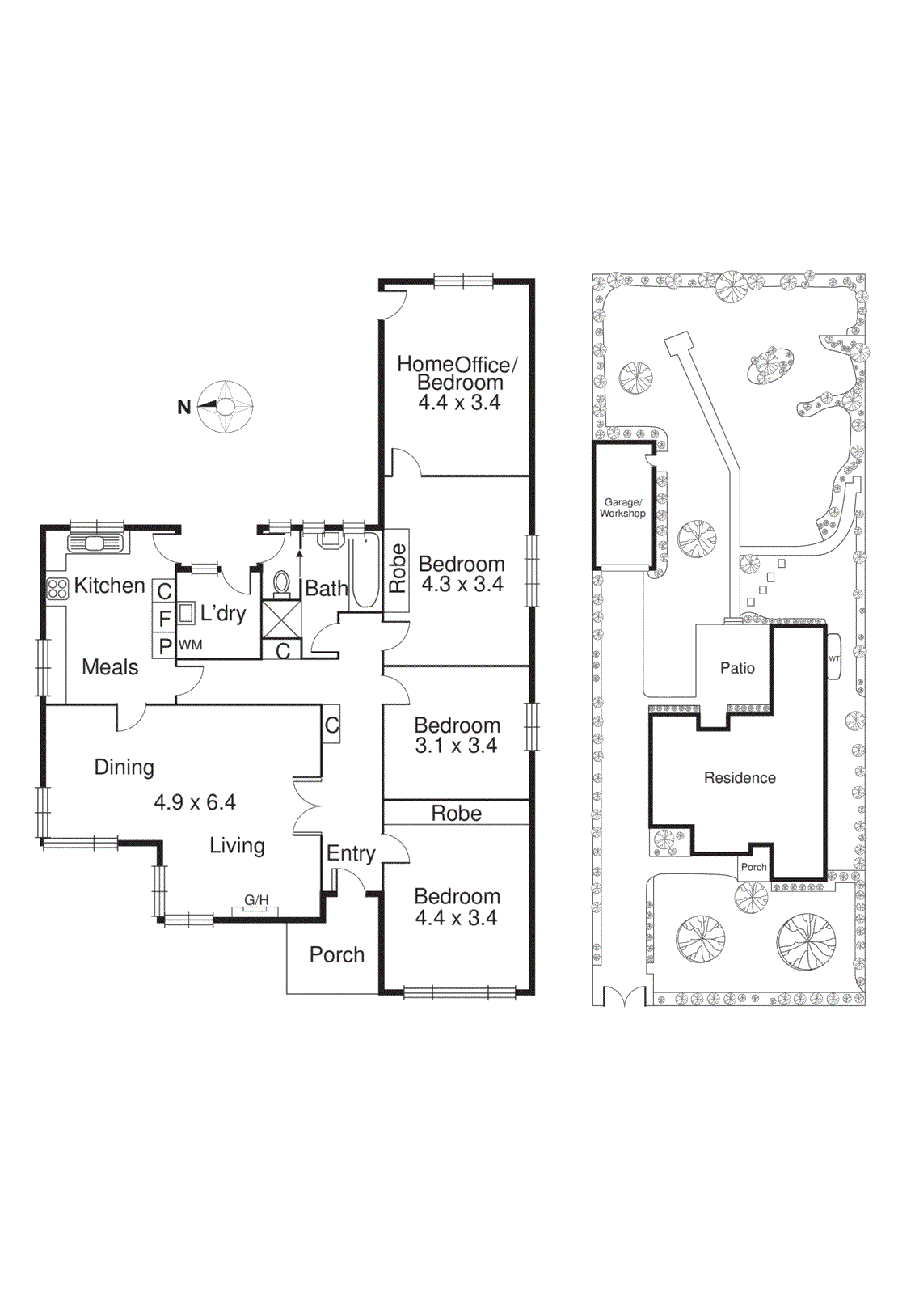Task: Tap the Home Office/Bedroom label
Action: (457, 373)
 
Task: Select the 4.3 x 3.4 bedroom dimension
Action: (462, 584)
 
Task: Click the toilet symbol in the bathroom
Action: (282, 583)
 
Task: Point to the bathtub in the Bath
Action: (365, 570)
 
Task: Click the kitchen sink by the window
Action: (95, 543)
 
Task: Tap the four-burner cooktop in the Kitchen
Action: (57, 588)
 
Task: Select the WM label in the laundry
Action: (191, 645)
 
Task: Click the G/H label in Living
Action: (256, 900)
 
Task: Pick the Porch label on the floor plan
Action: (337, 954)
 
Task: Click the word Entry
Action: (351, 853)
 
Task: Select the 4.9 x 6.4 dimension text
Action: (195, 802)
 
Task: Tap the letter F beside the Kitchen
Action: (164, 619)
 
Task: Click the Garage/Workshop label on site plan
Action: (622, 508)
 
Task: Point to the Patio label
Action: (737, 668)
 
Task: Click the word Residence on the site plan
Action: (740, 778)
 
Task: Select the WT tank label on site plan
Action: (834, 658)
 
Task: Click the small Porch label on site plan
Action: (753, 867)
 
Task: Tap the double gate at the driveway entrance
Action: (624, 996)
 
